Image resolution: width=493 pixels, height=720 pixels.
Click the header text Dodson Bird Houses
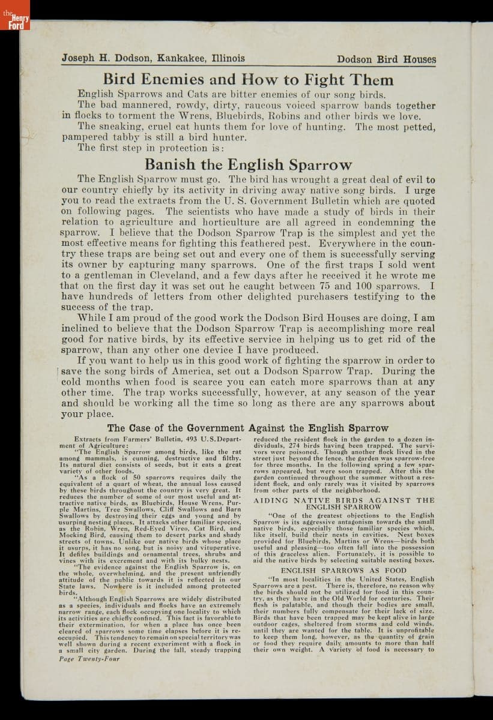tap(386, 59)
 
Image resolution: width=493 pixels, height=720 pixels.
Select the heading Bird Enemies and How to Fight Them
tap(248, 80)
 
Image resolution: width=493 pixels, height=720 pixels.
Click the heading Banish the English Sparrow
tap(248, 165)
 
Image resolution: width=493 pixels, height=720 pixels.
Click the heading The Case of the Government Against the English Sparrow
tap(248, 428)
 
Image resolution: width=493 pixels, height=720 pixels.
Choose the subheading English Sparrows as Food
tap(343, 570)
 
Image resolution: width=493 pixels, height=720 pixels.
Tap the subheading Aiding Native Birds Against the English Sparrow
tap(343, 503)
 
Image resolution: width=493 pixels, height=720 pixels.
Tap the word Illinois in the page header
tap(228, 59)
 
